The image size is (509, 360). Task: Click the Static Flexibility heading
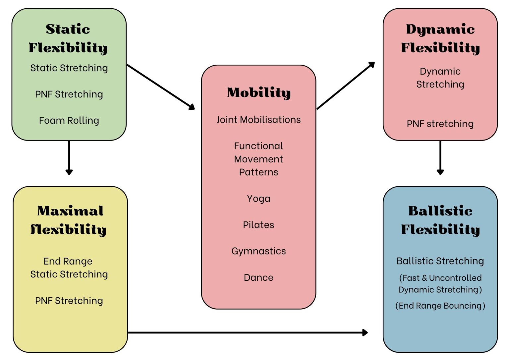tap(68, 38)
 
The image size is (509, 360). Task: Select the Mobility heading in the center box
tap(258, 92)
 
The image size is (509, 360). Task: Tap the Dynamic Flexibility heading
tap(440, 38)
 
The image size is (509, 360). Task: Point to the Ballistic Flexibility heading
tap(440, 220)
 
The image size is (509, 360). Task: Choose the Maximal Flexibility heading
tap(69, 220)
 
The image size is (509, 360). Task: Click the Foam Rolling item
tap(69, 120)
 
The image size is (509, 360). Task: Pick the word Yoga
tap(258, 199)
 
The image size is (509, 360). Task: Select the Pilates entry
tap(258, 225)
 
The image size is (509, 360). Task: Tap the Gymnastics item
tap(258, 251)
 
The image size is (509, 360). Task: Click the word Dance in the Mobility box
tap(258, 277)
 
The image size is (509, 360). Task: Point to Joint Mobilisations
tap(258, 120)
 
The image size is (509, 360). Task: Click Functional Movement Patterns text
tap(258, 159)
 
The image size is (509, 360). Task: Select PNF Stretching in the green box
tap(69, 94)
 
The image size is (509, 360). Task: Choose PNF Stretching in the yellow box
tap(69, 301)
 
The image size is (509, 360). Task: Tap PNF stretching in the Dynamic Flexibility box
tap(440, 124)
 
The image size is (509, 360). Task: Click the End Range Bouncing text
tap(440, 306)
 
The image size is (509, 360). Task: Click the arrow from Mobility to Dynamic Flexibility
tap(346, 85)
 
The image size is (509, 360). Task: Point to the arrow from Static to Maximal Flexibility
tap(69, 157)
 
